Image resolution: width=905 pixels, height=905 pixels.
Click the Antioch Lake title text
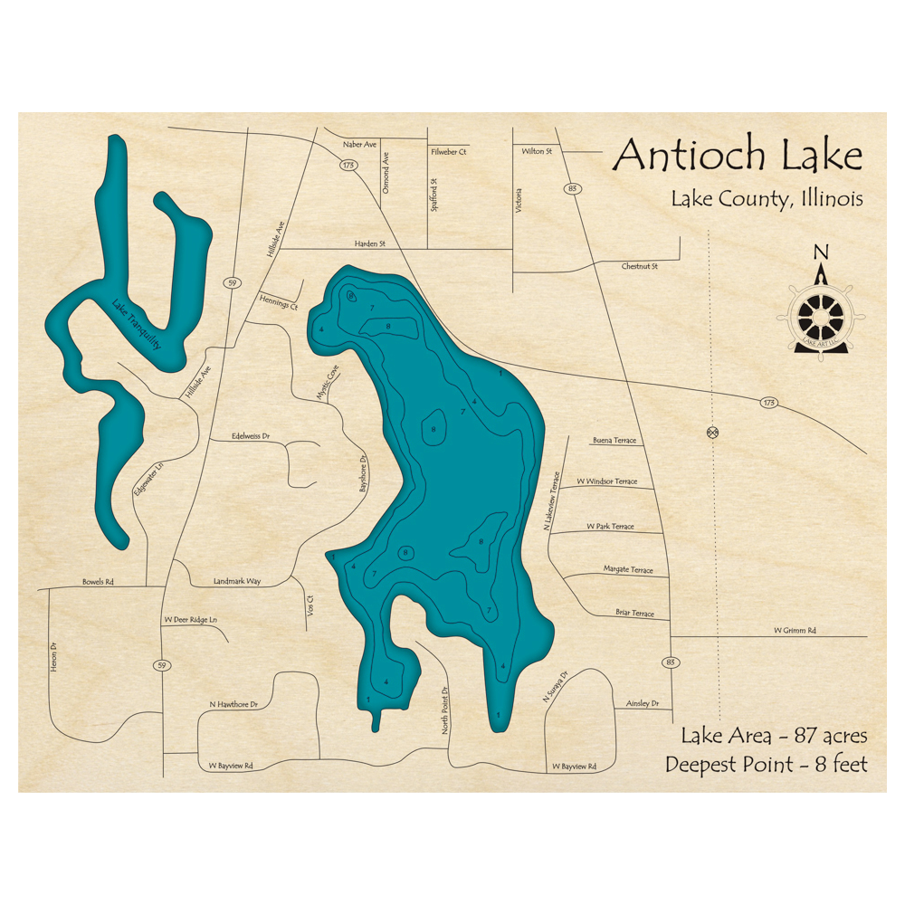point(738,156)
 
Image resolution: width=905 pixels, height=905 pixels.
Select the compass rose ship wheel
point(821,316)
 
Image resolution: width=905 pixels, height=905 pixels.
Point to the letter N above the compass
point(820,252)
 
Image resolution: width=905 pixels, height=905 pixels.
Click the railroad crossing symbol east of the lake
point(712,433)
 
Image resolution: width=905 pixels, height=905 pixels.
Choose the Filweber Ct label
point(449,152)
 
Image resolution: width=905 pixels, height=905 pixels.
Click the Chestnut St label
point(639,267)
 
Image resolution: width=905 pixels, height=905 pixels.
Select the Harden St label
point(369,243)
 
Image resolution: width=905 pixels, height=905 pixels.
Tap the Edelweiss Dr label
point(252,435)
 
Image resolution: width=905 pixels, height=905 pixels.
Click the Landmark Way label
point(236,581)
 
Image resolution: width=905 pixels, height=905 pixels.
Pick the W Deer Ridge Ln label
point(190,620)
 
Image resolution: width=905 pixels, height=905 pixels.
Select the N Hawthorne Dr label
point(233,703)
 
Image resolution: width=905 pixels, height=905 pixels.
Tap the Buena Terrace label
point(614,441)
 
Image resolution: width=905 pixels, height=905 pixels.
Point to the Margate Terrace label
point(628,570)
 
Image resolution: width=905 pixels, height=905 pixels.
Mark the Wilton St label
point(537,151)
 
